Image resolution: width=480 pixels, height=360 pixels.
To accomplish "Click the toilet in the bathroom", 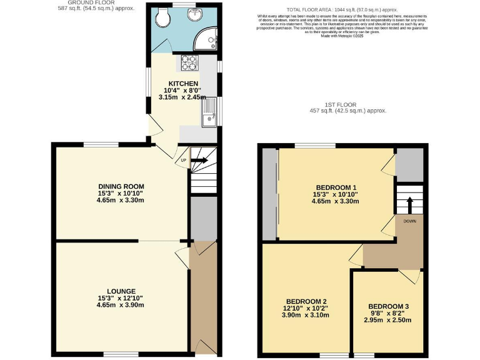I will tap(164, 19).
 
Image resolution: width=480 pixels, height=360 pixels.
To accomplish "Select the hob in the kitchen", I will tap(189, 62).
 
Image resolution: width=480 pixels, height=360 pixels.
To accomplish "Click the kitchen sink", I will tap(209, 114).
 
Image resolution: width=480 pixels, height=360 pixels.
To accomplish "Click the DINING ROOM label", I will tap(121, 186).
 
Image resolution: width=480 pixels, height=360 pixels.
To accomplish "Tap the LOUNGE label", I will tap(121, 291).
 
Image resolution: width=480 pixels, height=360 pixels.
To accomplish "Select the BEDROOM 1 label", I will tap(336, 187).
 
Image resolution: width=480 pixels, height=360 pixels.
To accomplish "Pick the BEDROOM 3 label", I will tap(388, 306).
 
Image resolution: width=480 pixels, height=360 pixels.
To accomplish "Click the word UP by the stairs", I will tap(184, 161).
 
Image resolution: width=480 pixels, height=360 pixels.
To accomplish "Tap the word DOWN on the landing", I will tap(410, 221).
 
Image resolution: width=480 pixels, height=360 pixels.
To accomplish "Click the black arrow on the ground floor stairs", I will tap(200, 161).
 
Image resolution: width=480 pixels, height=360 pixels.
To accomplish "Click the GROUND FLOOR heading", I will tap(91, 2).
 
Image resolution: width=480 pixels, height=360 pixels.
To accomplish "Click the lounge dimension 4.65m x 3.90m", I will tap(121, 305).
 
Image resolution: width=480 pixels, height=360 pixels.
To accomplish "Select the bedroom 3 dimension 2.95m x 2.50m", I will tap(388, 320).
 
